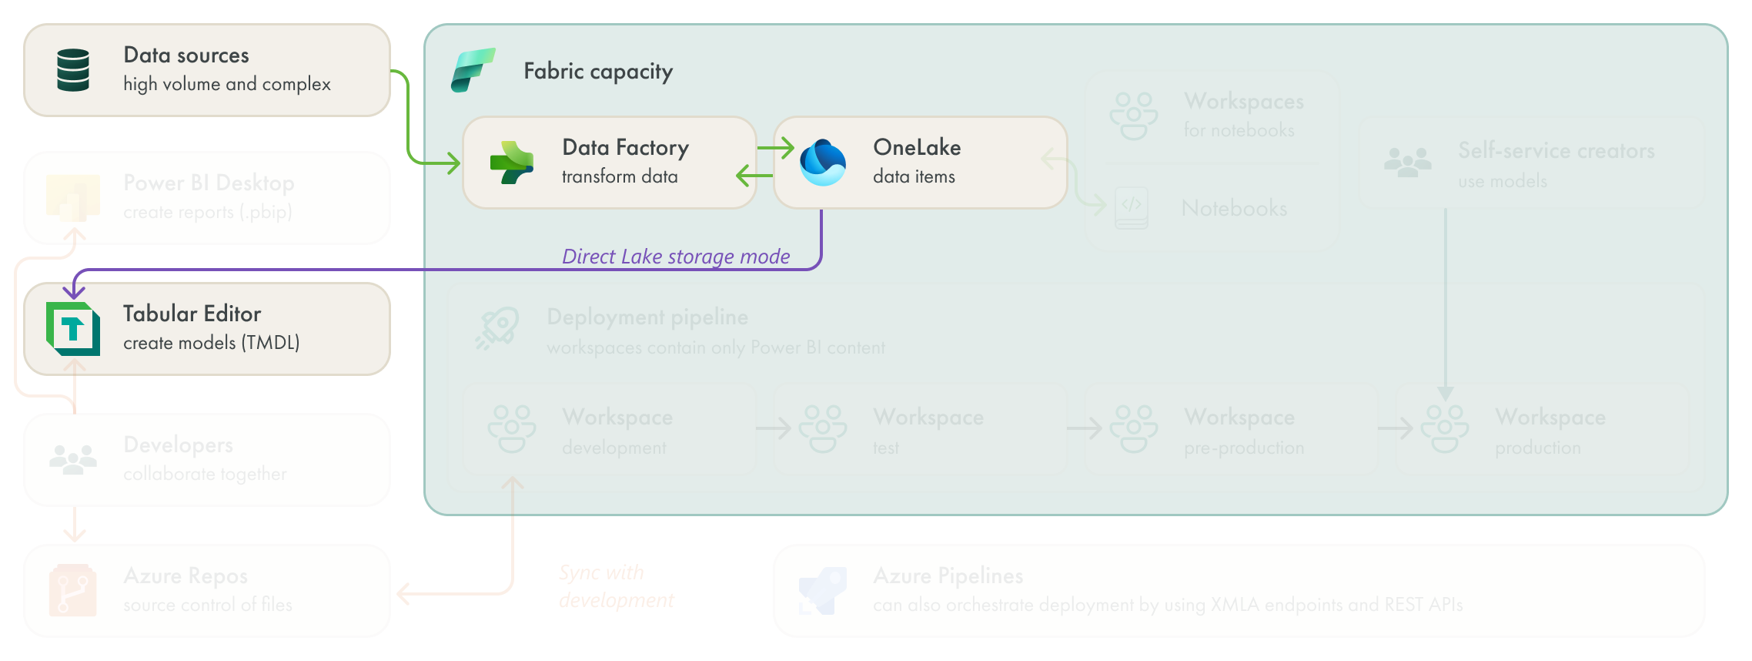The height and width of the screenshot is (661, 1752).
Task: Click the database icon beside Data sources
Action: [73, 70]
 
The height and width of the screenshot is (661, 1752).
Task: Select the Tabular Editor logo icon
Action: [73, 329]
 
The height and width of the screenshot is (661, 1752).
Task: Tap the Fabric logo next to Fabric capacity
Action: [472, 70]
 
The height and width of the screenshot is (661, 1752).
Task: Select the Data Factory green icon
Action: [512, 163]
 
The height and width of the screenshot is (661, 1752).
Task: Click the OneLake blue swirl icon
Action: [823, 163]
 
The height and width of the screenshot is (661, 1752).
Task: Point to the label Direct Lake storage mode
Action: [676, 257]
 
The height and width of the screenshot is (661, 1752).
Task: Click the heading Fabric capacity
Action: [598, 72]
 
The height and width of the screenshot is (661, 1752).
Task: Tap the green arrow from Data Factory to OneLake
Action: [775, 148]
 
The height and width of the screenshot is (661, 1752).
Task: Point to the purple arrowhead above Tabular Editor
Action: [74, 291]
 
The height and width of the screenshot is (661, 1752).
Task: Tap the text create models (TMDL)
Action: [212, 343]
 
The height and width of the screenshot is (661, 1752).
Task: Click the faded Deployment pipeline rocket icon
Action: [497, 329]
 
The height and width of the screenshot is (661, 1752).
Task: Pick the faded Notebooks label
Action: [1234, 208]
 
